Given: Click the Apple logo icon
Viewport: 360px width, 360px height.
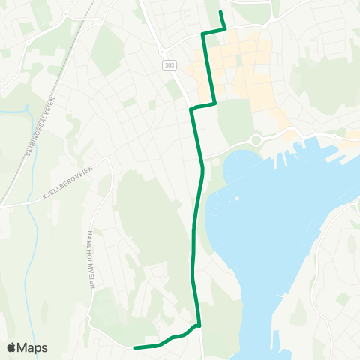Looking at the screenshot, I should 11,347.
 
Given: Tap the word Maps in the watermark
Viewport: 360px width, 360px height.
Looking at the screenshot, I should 33,347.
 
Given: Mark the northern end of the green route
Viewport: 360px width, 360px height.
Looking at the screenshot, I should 221,13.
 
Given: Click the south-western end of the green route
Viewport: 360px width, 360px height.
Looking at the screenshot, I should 135,347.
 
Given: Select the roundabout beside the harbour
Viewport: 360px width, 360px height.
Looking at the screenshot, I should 256,139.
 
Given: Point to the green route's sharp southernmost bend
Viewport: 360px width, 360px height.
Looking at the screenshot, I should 199,325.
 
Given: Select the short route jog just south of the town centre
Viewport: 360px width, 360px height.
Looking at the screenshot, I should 203,106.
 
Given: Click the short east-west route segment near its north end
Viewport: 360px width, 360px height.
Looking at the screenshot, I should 214,31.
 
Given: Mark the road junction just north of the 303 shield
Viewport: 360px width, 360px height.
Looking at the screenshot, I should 160,51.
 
